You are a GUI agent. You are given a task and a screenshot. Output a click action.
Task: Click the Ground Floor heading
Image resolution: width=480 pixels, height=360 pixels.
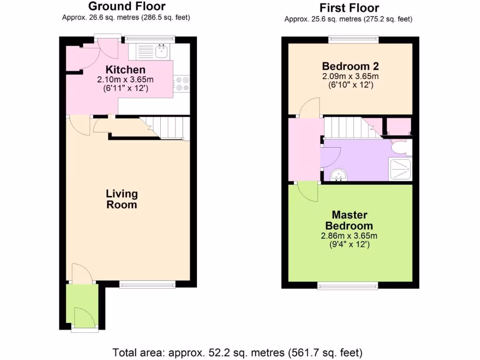127,7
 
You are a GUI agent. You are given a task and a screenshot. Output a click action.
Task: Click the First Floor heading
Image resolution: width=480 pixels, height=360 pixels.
349,8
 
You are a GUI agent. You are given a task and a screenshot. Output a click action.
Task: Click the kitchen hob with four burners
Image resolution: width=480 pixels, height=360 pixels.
182,83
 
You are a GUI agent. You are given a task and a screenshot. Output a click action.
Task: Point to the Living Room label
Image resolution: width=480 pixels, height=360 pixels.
122,199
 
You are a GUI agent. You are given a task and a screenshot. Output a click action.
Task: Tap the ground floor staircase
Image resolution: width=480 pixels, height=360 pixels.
169,128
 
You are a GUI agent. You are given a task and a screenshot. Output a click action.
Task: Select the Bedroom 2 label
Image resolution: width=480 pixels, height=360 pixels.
350,66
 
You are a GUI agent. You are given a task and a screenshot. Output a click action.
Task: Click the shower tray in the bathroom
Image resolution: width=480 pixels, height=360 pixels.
399,169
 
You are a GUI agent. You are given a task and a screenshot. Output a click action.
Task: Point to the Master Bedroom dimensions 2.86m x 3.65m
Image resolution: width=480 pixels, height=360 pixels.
350,236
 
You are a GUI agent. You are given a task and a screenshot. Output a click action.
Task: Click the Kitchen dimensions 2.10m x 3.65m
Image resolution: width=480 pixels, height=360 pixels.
125,79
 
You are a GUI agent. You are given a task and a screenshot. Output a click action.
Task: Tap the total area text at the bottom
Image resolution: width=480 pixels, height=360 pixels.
238,352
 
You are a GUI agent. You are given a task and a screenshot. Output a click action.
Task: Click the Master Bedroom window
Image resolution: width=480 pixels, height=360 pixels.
348,285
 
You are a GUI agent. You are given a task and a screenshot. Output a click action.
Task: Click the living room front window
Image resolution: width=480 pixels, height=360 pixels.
147,284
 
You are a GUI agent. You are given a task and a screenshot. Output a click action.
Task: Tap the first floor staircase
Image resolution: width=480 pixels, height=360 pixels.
347,128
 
